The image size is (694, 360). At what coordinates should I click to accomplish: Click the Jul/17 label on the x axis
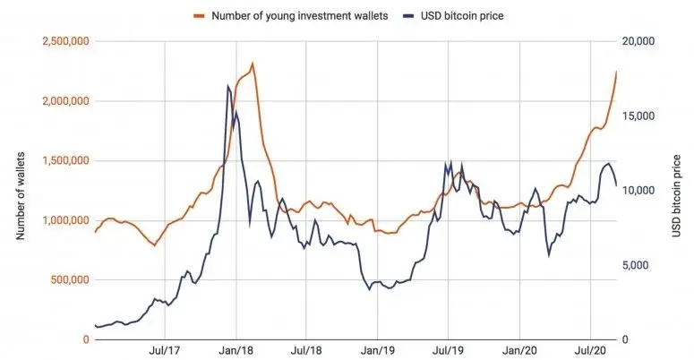point(165,351)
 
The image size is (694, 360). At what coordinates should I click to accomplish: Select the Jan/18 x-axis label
point(236,351)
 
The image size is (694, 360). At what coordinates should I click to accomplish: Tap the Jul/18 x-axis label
point(306,351)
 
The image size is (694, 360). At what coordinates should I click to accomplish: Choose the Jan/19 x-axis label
point(377,351)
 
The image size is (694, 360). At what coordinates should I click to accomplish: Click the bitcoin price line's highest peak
point(228,86)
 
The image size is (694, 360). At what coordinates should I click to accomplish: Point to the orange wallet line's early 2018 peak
point(253,64)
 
